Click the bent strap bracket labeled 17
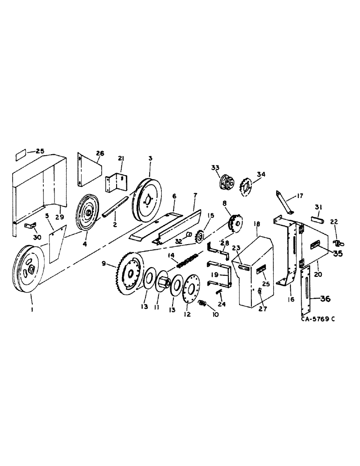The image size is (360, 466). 284,201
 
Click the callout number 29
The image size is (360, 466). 60,218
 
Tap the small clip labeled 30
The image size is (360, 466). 30,226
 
